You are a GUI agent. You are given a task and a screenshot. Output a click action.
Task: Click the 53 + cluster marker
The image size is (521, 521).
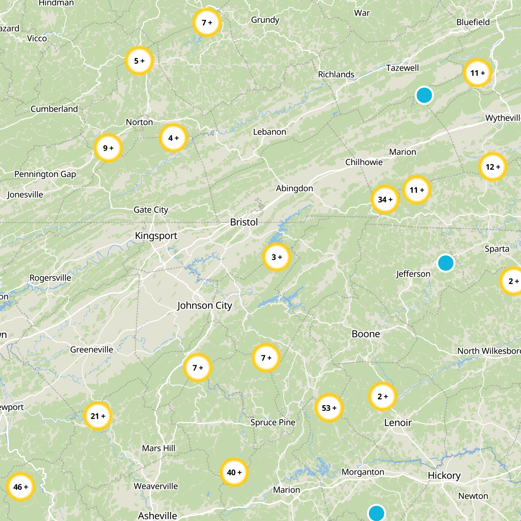pyautogui.click(x=329, y=408)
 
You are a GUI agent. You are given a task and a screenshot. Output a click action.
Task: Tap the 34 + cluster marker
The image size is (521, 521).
pyautogui.click(x=385, y=199)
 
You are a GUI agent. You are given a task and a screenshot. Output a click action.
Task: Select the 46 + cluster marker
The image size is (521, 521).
pyautogui.click(x=21, y=487)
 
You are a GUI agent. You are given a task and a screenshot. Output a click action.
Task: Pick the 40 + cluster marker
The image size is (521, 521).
pyautogui.click(x=234, y=472)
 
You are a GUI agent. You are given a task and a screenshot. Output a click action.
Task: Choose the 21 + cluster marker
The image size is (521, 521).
pyautogui.click(x=98, y=416)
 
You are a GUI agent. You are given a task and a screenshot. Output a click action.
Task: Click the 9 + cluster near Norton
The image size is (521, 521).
pyautogui.click(x=108, y=148)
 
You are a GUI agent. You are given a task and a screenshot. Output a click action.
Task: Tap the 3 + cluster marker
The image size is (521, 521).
pyautogui.click(x=276, y=257)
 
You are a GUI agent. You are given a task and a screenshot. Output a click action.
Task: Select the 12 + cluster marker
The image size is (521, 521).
pyautogui.click(x=493, y=167)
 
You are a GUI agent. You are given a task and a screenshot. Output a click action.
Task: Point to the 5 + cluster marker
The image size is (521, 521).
pyautogui.click(x=139, y=61)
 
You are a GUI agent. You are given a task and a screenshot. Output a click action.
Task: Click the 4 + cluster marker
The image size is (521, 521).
pyautogui.click(x=173, y=138)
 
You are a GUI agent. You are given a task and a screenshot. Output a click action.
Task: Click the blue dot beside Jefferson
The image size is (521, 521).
pyautogui.click(x=445, y=263)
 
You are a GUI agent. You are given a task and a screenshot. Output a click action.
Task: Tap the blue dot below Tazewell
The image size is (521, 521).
pyautogui.click(x=424, y=95)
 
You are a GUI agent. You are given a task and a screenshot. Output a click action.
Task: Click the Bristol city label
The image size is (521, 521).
pyautogui.click(x=244, y=222)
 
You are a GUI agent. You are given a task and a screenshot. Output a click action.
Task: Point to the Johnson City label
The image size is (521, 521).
pyautogui.click(x=204, y=305)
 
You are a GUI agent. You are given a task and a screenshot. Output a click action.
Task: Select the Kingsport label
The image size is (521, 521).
pyautogui.click(x=156, y=235)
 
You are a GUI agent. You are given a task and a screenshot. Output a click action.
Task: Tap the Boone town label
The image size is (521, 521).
pyautogui.click(x=366, y=334)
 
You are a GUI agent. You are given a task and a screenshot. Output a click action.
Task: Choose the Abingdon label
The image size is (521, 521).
pyautogui.click(x=294, y=188)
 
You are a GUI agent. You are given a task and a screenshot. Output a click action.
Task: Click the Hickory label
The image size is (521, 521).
pyautogui.click(x=444, y=475)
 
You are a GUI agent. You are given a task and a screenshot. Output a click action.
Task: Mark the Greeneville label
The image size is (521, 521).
pyautogui.click(x=92, y=349)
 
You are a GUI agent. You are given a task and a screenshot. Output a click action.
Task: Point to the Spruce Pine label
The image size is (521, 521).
pyautogui.click(x=273, y=422)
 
